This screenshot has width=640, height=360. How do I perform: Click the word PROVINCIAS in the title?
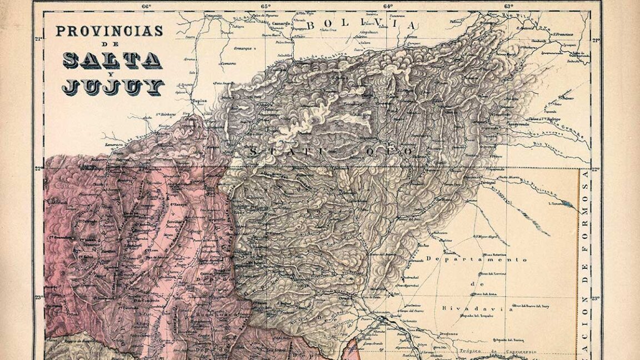109,32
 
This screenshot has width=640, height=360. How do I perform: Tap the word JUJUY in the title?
113,87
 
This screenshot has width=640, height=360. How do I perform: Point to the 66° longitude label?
147,6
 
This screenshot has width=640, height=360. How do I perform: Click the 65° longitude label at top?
265,6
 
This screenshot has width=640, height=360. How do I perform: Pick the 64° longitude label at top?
387,6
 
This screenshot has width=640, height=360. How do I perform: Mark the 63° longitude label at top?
508,6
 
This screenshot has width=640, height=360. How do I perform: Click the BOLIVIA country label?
361,25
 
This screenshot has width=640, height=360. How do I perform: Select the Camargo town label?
282,24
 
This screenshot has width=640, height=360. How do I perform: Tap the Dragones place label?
449,333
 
